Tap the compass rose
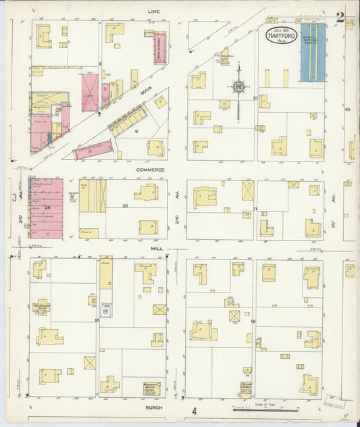tap(238, 86)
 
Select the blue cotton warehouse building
tap(312, 51)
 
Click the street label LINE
tap(154, 11)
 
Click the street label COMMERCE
tap(150, 170)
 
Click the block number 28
tap(48, 206)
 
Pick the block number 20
tap(125, 205)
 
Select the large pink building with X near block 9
tap(89, 92)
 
